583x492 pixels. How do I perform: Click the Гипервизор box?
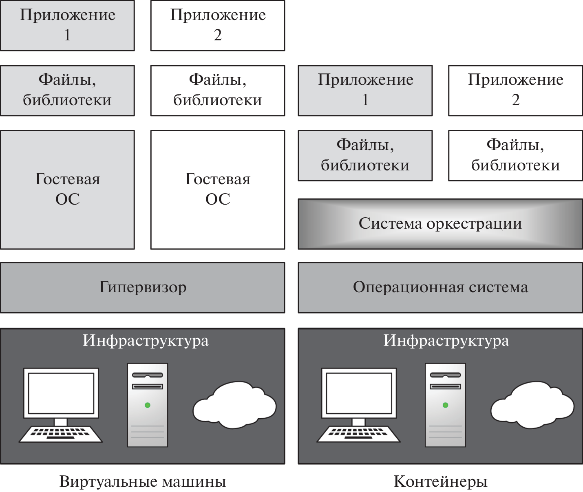(142, 287)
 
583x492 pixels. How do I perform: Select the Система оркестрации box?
(440, 224)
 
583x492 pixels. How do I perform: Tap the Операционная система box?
(440, 287)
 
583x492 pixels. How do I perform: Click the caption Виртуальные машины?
(143, 481)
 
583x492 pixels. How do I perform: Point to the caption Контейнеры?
(440, 481)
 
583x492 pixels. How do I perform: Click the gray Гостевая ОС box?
(67, 190)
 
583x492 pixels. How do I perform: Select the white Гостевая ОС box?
(218, 190)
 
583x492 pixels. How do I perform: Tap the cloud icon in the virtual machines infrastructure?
(234, 406)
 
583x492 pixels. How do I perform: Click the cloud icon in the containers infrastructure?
(532, 406)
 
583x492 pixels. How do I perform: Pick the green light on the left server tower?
(148, 405)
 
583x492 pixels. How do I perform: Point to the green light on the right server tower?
(445, 405)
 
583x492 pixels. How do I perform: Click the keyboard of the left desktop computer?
(61, 434)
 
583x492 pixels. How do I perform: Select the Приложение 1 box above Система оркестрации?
(365, 90)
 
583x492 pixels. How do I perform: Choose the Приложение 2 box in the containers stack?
(515, 90)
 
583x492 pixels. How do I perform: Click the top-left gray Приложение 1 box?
(67, 25)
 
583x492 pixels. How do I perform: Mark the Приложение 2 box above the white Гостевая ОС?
(218, 25)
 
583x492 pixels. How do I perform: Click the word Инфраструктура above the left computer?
(146, 340)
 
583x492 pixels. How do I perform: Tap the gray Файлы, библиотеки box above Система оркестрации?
(365, 155)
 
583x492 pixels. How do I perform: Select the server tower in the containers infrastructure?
(445, 405)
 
